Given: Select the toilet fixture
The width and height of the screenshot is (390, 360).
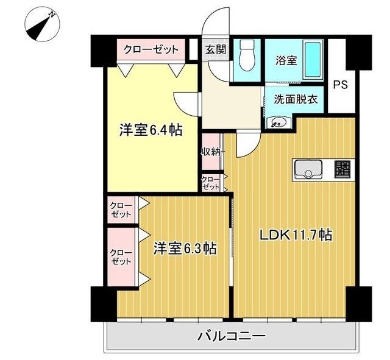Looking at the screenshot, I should (247, 56).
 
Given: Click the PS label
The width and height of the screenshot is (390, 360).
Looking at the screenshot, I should (340, 85).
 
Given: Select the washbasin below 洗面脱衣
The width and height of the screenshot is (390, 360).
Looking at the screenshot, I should (278, 122).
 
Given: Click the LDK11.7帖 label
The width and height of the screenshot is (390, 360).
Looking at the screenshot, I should (296, 235).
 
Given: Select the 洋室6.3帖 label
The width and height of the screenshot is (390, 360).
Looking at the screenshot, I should (185, 248).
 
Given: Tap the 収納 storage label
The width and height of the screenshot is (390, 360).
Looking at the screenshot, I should (211, 151).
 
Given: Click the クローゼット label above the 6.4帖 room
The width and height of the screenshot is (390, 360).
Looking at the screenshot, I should (151, 49).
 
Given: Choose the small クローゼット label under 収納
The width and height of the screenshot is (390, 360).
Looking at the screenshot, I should (211, 183).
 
